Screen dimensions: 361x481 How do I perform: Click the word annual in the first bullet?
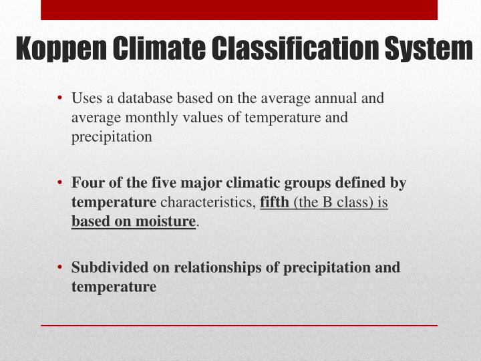click(x=337, y=99)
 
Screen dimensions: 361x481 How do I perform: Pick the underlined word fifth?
click(x=275, y=201)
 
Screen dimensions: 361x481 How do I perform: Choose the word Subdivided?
click(x=104, y=267)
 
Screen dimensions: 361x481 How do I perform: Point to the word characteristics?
click(x=207, y=201)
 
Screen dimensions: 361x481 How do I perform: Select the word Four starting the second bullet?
click(x=85, y=182)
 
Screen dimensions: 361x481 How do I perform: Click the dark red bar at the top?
click(x=239, y=9)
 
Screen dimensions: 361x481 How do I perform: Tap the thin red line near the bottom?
click(x=239, y=325)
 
